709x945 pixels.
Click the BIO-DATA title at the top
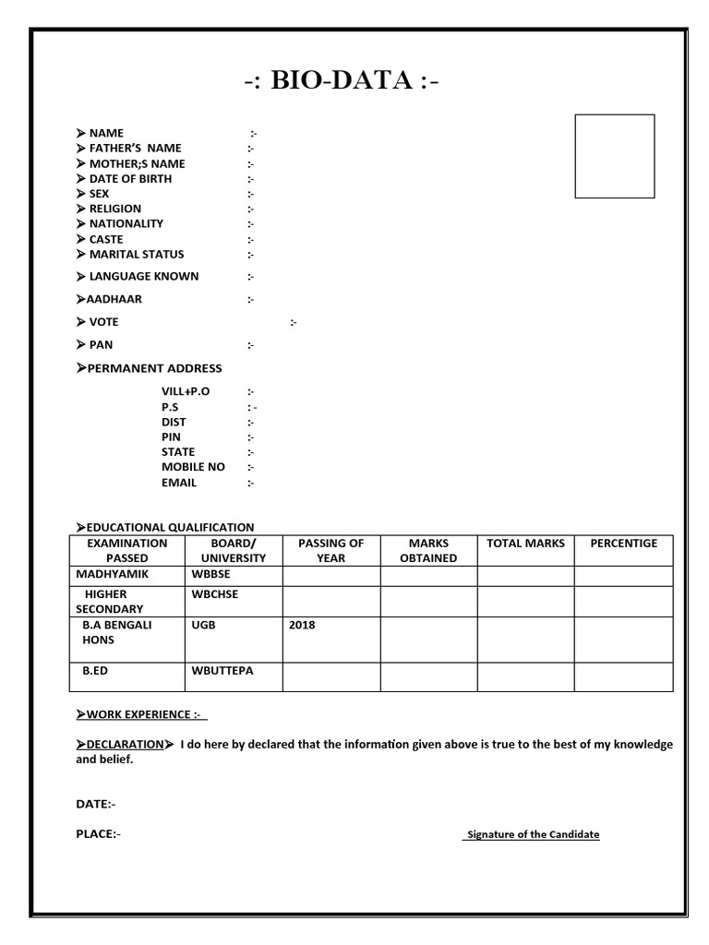tap(342, 82)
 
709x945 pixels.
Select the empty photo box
tap(614, 156)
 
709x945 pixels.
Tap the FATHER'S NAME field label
tap(135, 148)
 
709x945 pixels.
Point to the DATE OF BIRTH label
tap(130, 178)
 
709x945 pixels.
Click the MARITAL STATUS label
tap(136, 254)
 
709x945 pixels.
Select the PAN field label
tap(101, 344)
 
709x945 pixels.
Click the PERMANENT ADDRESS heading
tap(154, 368)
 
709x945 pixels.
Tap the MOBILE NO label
tap(193, 467)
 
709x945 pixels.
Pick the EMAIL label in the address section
tap(179, 482)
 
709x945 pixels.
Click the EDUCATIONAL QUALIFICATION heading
tap(170, 527)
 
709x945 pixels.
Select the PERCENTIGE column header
tap(623, 544)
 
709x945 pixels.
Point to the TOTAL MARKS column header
tap(525, 544)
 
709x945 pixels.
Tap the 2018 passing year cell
tap(302, 625)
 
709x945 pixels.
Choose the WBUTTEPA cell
tap(222, 671)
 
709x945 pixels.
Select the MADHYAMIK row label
tap(111, 574)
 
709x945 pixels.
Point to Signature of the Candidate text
tap(533, 834)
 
